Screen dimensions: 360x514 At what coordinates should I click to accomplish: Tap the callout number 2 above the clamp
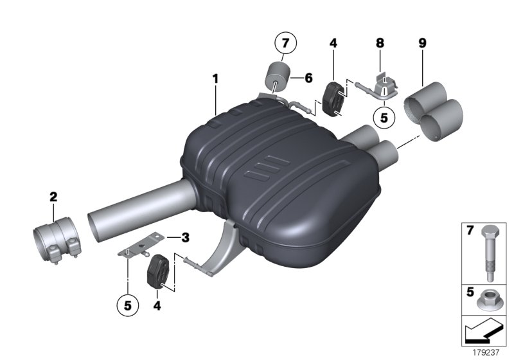[54, 196]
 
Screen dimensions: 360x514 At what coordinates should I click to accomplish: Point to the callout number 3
[185, 237]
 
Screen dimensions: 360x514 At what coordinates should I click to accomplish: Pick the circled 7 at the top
[283, 44]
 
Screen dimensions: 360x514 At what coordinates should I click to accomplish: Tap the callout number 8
[380, 43]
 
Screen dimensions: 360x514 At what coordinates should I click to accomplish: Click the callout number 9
[422, 43]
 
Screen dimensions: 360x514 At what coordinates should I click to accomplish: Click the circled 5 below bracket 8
[384, 118]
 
